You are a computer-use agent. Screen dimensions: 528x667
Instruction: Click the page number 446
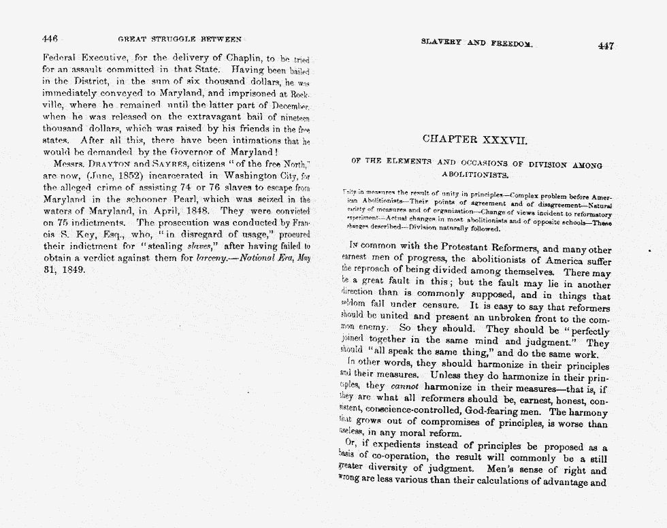51,39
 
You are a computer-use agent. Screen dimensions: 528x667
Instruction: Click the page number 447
605,46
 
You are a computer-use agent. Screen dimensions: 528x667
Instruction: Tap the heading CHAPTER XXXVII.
476,139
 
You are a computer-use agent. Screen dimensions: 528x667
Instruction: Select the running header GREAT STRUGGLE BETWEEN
180,39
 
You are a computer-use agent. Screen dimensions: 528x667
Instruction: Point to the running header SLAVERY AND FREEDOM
476,42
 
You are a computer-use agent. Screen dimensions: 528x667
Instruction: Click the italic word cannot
410,386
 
